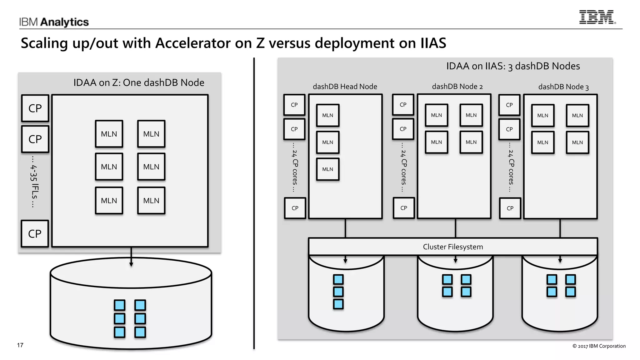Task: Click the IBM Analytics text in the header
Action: (x=54, y=22)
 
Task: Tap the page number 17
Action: (x=20, y=345)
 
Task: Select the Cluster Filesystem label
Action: (x=453, y=247)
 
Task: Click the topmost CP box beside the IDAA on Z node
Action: (x=35, y=108)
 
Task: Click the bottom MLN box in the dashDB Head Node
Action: (x=327, y=169)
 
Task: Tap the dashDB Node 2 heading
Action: (x=457, y=87)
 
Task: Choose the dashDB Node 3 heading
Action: (x=563, y=87)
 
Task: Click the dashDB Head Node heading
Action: (x=345, y=87)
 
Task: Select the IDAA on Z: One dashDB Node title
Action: (x=139, y=82)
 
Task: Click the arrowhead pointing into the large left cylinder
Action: (x=131, y=264)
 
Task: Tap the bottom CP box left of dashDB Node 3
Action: (x=510, y=208)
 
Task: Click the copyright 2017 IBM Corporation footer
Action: (x=599, y=346)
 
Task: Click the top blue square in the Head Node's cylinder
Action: (x=338, y=279)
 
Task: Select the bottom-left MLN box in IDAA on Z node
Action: (x=109, y=201)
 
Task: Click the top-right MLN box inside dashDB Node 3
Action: (x=577, y=115)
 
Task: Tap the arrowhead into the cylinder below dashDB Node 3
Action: (x=560, y=260)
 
